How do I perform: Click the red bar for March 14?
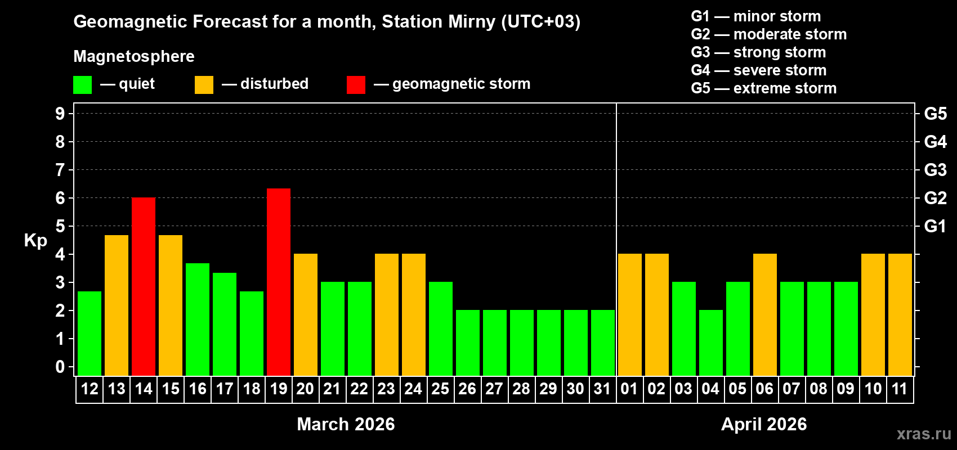pyautogui.click(x=144, y=286)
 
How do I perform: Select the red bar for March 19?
pyautogui.click(x=279, y=282)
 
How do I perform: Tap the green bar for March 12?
pyautogui.click(x=90, y=333)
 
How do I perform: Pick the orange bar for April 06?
pyautogui.click(x=765, y=314)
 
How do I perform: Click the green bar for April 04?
pyautogui.click(x=711, y=343)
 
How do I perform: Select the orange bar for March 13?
pyautogui.click(x=117, y=305)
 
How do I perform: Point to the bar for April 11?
pyautogui.click(x=900, y=314)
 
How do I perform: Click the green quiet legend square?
pyautogui.click(x=83, y=85)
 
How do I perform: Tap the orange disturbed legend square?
pyautogui.click(x=204, y=85)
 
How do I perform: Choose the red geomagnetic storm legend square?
pyautogui.click(x=356, y=85)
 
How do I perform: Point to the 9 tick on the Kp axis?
pyautogui.click(x=60, y=114)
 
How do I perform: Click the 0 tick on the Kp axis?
pyautogui.click(x=60, y=367)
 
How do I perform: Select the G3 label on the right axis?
pyautogui.click(x=935, y=170)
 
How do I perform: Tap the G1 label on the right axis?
pyautogui.click(x=935, y=226)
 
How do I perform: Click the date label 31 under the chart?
pyautogui.click(x=602, y=389)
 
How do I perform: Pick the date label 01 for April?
pyautogui.click(x=629, y=389)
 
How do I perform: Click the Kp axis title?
pyautogui.click(x=35, y=240)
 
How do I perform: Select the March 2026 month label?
pyautogui.click(x=346, y=424)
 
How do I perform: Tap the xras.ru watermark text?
pyautogui.click(x=924, y=434)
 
